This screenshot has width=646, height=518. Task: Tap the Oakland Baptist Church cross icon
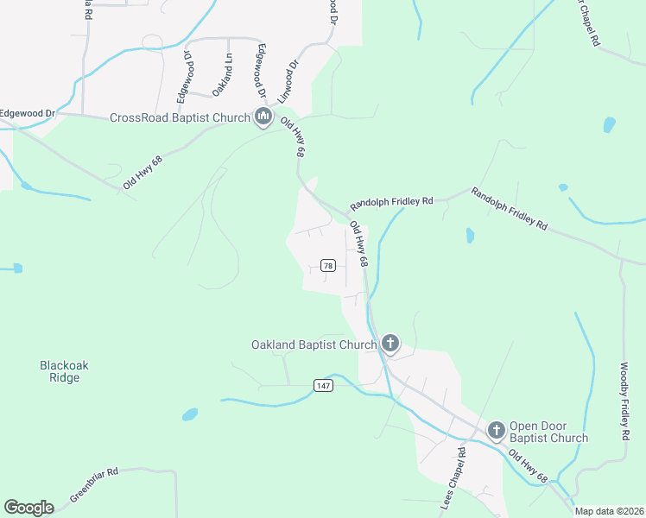pyautogui.click(x=390, y=344)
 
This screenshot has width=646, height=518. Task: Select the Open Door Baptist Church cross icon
pyautogui.click(x=497, y=430)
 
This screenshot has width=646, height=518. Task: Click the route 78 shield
pyautogui.click(x=327, y=265)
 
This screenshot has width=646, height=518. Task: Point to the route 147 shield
pyautogui.click(x=323, y=385)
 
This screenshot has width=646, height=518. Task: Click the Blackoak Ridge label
pyautogui.click(x=65, y=371)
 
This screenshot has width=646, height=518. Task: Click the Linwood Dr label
pyautogui.click(x=292, y=77)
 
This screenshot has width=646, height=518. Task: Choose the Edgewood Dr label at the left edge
pyautogui.click(x=28, y=113)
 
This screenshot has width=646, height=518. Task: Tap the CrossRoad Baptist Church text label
pyautogui.click(x=179, y=117)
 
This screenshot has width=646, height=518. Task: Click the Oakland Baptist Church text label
pyautogui.click(x=313, y=344)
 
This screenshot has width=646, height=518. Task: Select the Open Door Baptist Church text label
pyautogui.click(x=548, y=432)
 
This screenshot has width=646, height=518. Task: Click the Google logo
pyautogui.click(x=29, y=508)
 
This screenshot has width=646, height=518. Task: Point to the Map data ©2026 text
pyautogui.click(x=609, y=511)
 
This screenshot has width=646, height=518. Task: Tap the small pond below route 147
pyautogui.click(x=189, y=415)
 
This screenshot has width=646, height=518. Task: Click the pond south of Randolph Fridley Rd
pyautogui.click(x=470, y=235)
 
